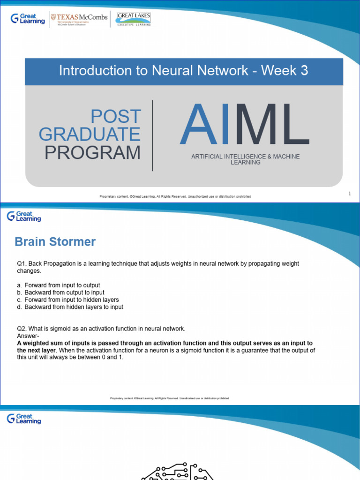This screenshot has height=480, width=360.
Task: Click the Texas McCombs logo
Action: pyautogui.click(x=79, y=19)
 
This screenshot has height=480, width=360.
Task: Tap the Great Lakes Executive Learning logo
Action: pyautogui.click(x=134, y=19)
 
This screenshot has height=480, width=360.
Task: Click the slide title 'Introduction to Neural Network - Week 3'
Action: pyautogui.click(x=184, y=71)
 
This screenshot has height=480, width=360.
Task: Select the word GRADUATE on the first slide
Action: pyautogui.click(x=90, y=135)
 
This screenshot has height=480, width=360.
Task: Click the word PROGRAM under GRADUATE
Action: pyautogui.click(x=92, y=153)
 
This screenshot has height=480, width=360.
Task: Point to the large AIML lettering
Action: pyautogui.click(x=244, y=125)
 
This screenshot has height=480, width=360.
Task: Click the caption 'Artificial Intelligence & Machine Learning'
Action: pyautogui.click(x=245, y=159)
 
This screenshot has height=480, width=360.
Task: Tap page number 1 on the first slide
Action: pyautogui.click(x=350, y=194)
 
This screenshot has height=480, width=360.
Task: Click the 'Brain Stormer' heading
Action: pyautogui.click(x=55, y=242)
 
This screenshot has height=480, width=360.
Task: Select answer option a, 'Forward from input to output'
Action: pyautogui.click(x=62, y=285)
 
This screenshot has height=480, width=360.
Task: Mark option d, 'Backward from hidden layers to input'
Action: pyautogui.click(x=74, y=307)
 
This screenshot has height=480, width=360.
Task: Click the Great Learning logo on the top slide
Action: pyautogui.click(x=28, y=19)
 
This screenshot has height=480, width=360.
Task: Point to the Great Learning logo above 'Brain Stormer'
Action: pyautogui.click(x=24, y=216)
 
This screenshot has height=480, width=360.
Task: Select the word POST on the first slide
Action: pyautogui.click(x=116, y=116)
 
